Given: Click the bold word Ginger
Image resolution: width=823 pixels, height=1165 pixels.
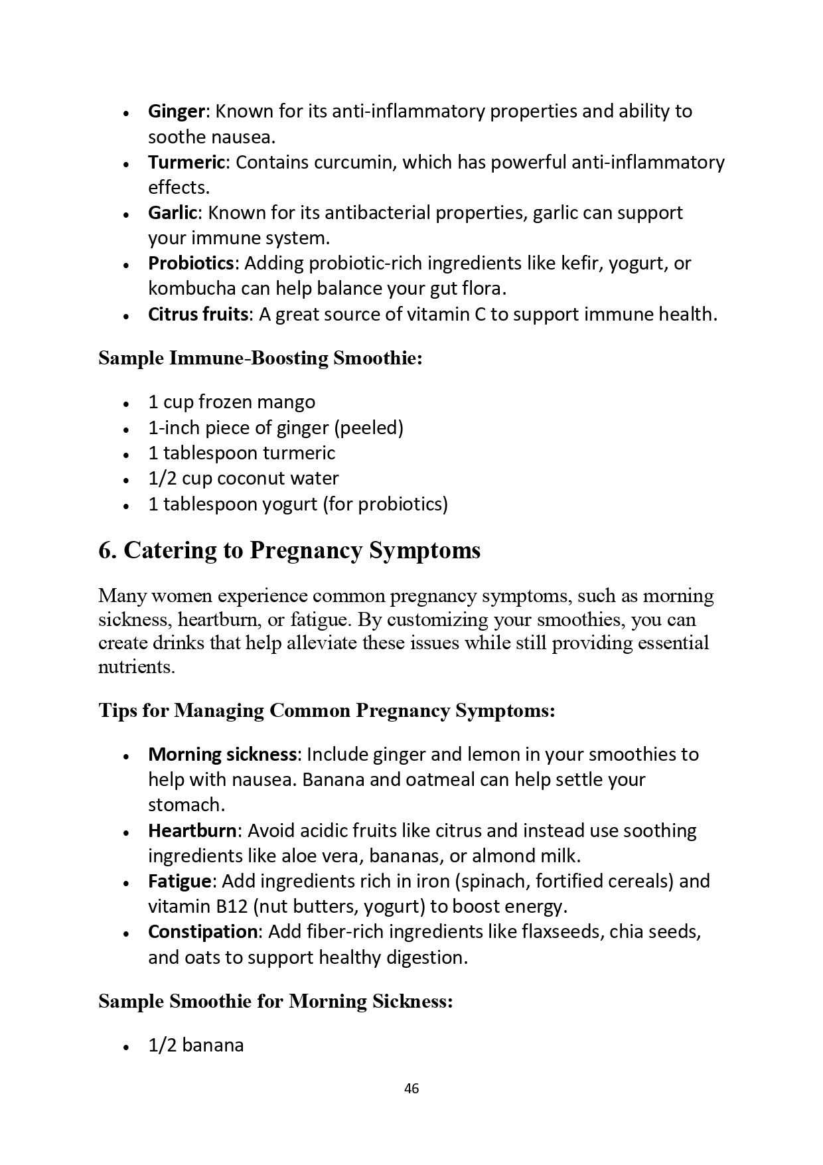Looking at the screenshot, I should (177, 112).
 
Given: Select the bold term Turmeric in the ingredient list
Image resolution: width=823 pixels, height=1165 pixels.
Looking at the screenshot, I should (187, 163).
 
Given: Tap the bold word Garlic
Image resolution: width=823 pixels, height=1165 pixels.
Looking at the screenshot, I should (173, 213).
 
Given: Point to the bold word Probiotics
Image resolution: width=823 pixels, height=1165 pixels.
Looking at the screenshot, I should (190, 264).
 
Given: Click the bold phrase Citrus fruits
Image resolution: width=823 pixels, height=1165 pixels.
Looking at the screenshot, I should (198, 314).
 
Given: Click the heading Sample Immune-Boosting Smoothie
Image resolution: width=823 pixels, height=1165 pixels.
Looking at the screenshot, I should (260, 358).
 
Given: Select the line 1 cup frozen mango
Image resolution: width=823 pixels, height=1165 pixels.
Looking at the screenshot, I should (232, 402).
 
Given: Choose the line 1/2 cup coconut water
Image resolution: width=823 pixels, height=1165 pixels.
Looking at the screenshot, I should (243, 479).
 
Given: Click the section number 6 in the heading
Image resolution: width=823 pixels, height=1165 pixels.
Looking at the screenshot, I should (105, 550).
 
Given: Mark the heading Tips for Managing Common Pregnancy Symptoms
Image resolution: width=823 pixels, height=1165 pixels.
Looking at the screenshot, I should (327, 711).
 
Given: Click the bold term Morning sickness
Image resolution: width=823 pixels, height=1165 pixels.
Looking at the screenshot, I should (222, 755).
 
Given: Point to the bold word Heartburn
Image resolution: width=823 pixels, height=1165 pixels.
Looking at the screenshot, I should (192, 831).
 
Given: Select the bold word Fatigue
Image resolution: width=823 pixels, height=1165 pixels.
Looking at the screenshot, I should (179, 882).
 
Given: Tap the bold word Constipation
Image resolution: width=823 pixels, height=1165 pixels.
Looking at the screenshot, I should (202, 932).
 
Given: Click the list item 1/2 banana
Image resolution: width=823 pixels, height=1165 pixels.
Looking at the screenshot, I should (196, 1046).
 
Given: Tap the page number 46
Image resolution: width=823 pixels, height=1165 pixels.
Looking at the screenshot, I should (411, 1089).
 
